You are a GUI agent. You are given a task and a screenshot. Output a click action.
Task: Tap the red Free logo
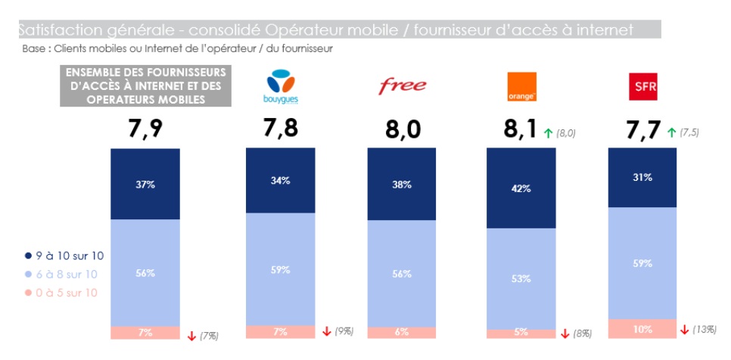(x=402, y=85)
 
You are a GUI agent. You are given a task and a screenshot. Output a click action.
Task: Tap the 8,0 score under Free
(x=402, y=131)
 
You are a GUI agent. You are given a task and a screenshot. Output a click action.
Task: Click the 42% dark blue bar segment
(x=521, y=189)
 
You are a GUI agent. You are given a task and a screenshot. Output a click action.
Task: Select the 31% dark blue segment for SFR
(x=642, y=178)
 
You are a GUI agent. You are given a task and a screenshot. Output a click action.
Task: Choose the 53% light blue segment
(x=521, y=279)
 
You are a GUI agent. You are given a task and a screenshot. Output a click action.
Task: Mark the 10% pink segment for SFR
(x=642, y=329)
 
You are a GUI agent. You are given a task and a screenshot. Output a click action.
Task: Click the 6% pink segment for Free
(x=402, y=333)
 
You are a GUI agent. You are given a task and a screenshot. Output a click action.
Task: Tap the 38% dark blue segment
(x=402, y=185)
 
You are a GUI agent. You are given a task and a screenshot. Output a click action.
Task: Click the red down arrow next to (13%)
(x=685, y=330)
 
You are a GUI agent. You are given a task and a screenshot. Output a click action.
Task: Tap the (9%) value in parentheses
(x=345, y=331)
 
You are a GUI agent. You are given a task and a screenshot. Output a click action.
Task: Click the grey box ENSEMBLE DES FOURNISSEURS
(x=146, y=85)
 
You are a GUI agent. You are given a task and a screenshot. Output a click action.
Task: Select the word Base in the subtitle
(x=35, y=48)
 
